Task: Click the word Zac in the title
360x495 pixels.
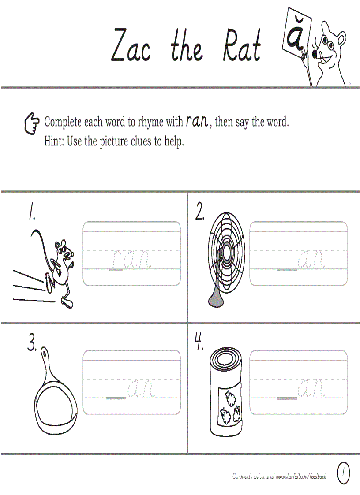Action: [131, 46]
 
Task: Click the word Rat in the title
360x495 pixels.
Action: [242, 46]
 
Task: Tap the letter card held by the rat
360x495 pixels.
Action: [296, 33]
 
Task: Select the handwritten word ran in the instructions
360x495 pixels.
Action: [197, 121]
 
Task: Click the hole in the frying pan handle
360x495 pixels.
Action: [45, 353]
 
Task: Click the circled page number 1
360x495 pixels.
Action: [343, 473]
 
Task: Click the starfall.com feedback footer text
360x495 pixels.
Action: [279, 476]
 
